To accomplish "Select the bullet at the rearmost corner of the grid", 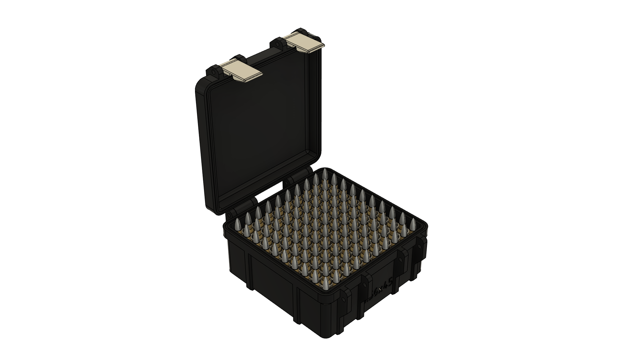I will (x=324, y=173).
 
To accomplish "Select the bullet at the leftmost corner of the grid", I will (x=238, y=224).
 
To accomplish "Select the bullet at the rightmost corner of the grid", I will (x=412, y=224).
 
